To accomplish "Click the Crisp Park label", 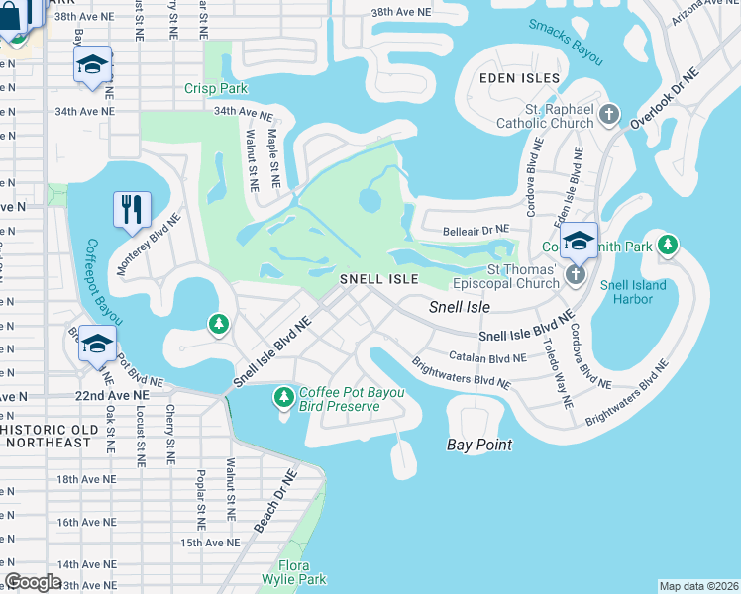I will pyautogui.click(x=215, y=88).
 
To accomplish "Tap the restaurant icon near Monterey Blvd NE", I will pyautogui.click(x=132, y=209).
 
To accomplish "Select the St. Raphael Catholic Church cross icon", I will pyautogui.click(x=609, y=116).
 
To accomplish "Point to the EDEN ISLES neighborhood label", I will pyautogui.click(x=520, y=78).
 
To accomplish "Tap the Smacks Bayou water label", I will pyautogui.click(x=566, y=42).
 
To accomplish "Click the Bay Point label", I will pyautogui.click(x=479, y=445).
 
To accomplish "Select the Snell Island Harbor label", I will pyautogui.click(x=633, y=293).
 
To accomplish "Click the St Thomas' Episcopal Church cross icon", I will pyautogui.click(x=578, y=278).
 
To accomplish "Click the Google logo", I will pyautogui.click(x=34, y=581).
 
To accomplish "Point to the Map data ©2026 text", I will pyautogui.click(x=697, y=586).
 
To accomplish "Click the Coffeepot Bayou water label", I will pyautogui.click(x=104, y=286).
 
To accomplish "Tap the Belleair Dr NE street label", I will pyautogui.click(x=476, y=229).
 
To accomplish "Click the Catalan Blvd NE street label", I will pyautogui.click(x=486, y=356).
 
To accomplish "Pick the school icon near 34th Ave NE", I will pyautogui.click(x=92, y=66).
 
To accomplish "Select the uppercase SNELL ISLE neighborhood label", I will pyautogui.click(x=377, y=280).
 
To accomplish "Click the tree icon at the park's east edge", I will pyautogui.click(x=669, y=244).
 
